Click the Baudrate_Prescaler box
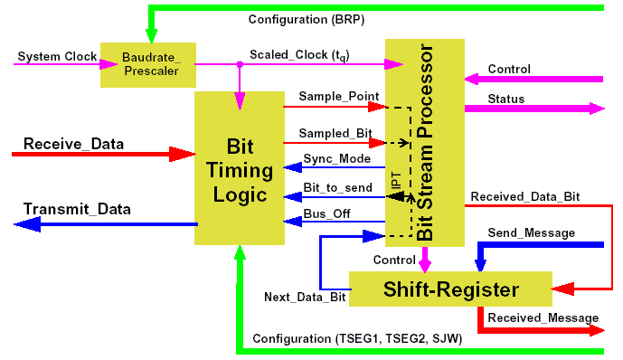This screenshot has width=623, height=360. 146,64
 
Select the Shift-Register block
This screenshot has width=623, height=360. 450,289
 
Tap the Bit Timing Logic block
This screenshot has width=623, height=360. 239,170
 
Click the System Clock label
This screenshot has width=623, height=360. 57,56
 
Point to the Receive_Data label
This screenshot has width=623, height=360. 73,144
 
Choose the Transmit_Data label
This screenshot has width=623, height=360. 77,209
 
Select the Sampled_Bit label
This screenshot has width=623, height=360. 335,133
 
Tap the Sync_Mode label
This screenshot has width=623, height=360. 336,158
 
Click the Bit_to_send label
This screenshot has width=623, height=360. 336,187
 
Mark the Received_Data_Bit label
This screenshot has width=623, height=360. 525,194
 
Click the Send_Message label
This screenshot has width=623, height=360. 531,232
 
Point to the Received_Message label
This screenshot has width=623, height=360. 543,317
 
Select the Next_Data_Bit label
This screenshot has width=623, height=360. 305,297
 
